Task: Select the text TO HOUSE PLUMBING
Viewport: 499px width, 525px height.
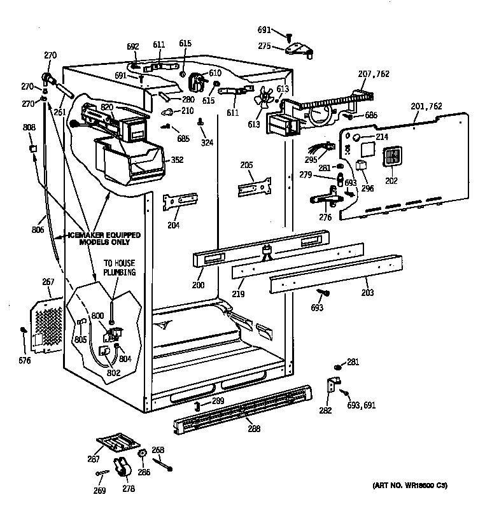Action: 120,267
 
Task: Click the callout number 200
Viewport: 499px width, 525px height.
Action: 198,286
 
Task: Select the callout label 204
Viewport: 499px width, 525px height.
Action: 172,225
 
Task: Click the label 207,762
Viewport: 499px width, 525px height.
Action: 373,75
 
